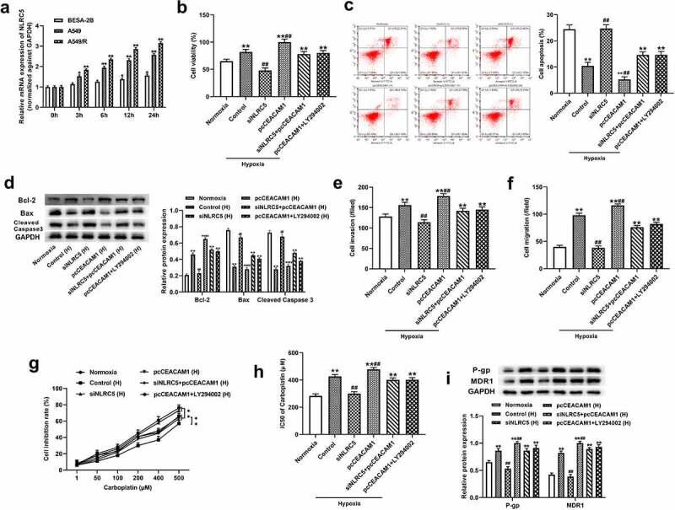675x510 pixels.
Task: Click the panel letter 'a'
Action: click(x=7, y=8)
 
